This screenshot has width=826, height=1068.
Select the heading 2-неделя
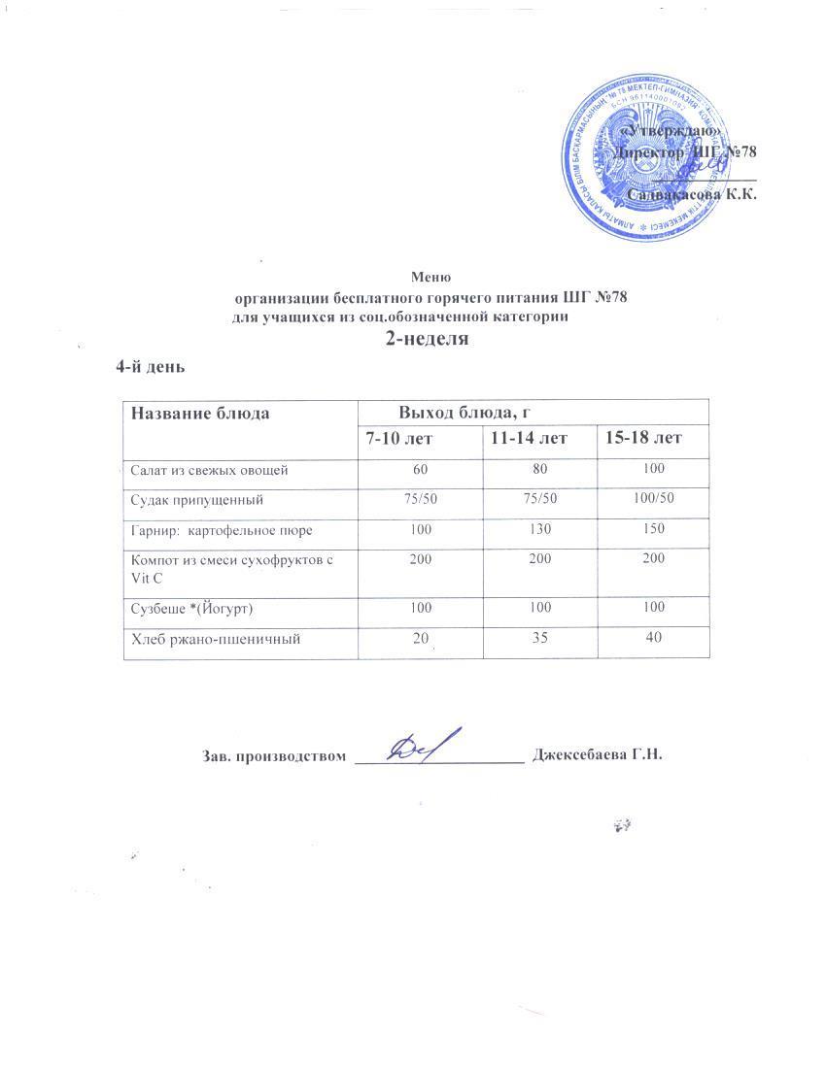[x=428, y=339]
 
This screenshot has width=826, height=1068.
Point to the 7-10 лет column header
[x=398, y=439]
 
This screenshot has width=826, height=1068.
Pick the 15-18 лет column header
[x=643, y=439]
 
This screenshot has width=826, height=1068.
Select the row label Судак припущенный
[x=196, y=500]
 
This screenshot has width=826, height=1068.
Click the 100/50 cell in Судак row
[x=653, y=499]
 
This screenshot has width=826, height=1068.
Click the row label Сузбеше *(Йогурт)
[x=193, y=607]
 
